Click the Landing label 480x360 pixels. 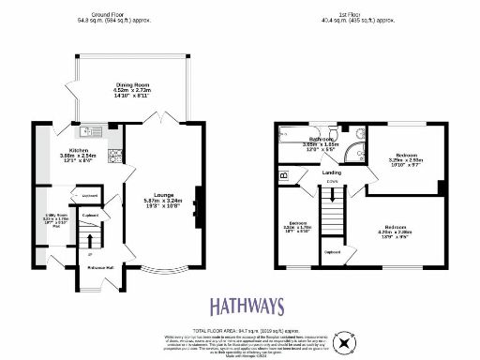(x=331, y=172)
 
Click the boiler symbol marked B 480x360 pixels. (x=284, y=175)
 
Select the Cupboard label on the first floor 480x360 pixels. (x=331, y=251)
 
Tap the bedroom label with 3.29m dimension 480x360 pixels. (x=407, y=156)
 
